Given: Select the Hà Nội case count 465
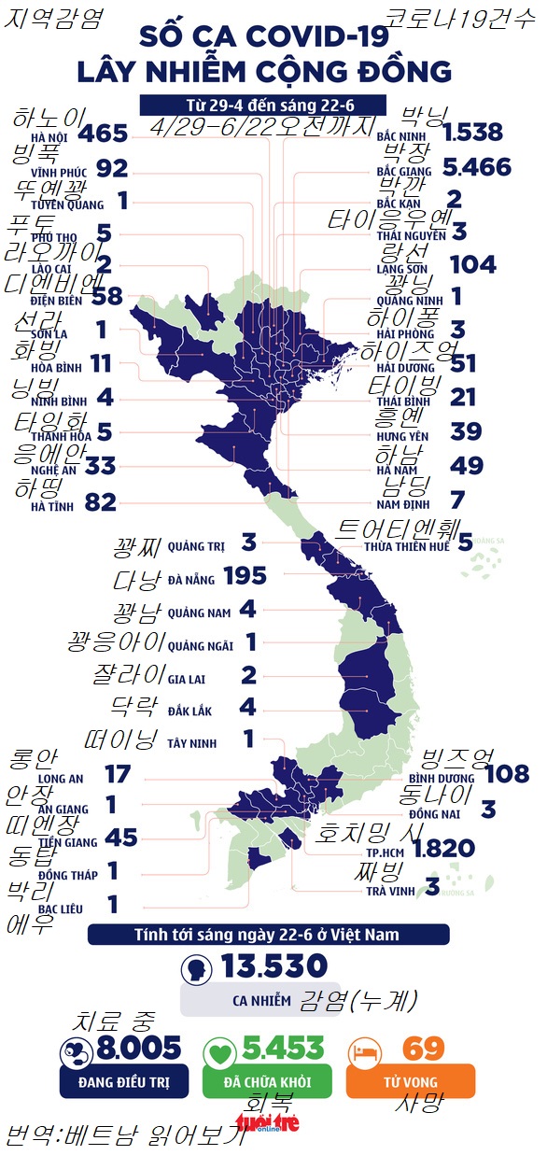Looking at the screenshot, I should point(103,134).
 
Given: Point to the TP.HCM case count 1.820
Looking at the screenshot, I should point(443,848).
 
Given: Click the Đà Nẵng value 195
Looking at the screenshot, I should point(245,576).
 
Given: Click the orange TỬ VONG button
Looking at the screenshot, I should point(410,1081).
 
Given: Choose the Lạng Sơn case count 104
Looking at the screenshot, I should point(472,264).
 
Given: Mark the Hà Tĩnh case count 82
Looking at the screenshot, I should point(100,503).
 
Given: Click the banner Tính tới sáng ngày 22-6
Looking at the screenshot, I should point(268,935).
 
